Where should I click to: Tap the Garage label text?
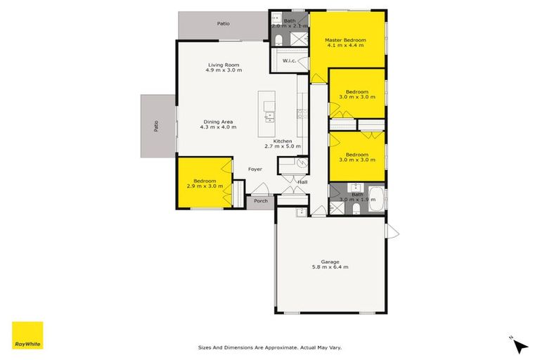point(330,261)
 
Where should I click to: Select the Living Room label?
point(224,65)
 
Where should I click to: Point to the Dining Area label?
point(217,121)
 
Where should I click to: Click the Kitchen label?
point(282,141)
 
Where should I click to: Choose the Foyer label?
point(255,169)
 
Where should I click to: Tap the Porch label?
point(260,201)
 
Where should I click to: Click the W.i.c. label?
point(289,62)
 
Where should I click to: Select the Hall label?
point(302,182)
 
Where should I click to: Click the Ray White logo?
point(27,335)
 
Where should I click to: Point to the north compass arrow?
point(520,345)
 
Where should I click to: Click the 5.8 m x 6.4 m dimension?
point(330,267)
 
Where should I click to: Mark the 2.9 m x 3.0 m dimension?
point(205,186)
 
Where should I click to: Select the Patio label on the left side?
point(156,127)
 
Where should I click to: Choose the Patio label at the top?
point(223,24)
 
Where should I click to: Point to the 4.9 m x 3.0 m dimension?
point(224,70)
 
